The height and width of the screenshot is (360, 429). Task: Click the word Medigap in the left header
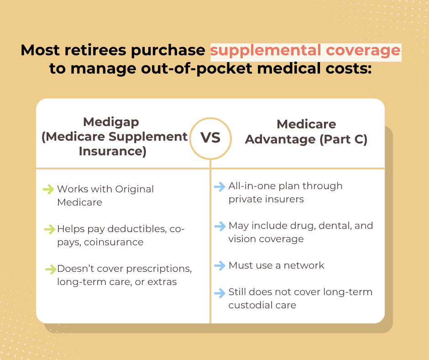point(111,122)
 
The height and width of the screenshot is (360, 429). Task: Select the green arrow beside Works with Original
point(49,189)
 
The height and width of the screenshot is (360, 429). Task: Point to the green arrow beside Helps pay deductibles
point(50,229)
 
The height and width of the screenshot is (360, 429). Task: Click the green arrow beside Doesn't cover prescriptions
point(51,269)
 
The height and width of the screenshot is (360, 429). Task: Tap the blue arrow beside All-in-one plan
point(220,186)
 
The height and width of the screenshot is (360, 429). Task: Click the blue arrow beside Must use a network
point(220,265)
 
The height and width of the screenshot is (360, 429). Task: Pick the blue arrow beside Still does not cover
point(220,292)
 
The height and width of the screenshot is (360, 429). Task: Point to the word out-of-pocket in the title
point(196,69)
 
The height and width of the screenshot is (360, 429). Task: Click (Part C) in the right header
point(343,139)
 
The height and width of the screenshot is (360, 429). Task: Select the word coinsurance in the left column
point(114,242)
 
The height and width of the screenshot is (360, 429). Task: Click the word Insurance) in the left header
point(113,152)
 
